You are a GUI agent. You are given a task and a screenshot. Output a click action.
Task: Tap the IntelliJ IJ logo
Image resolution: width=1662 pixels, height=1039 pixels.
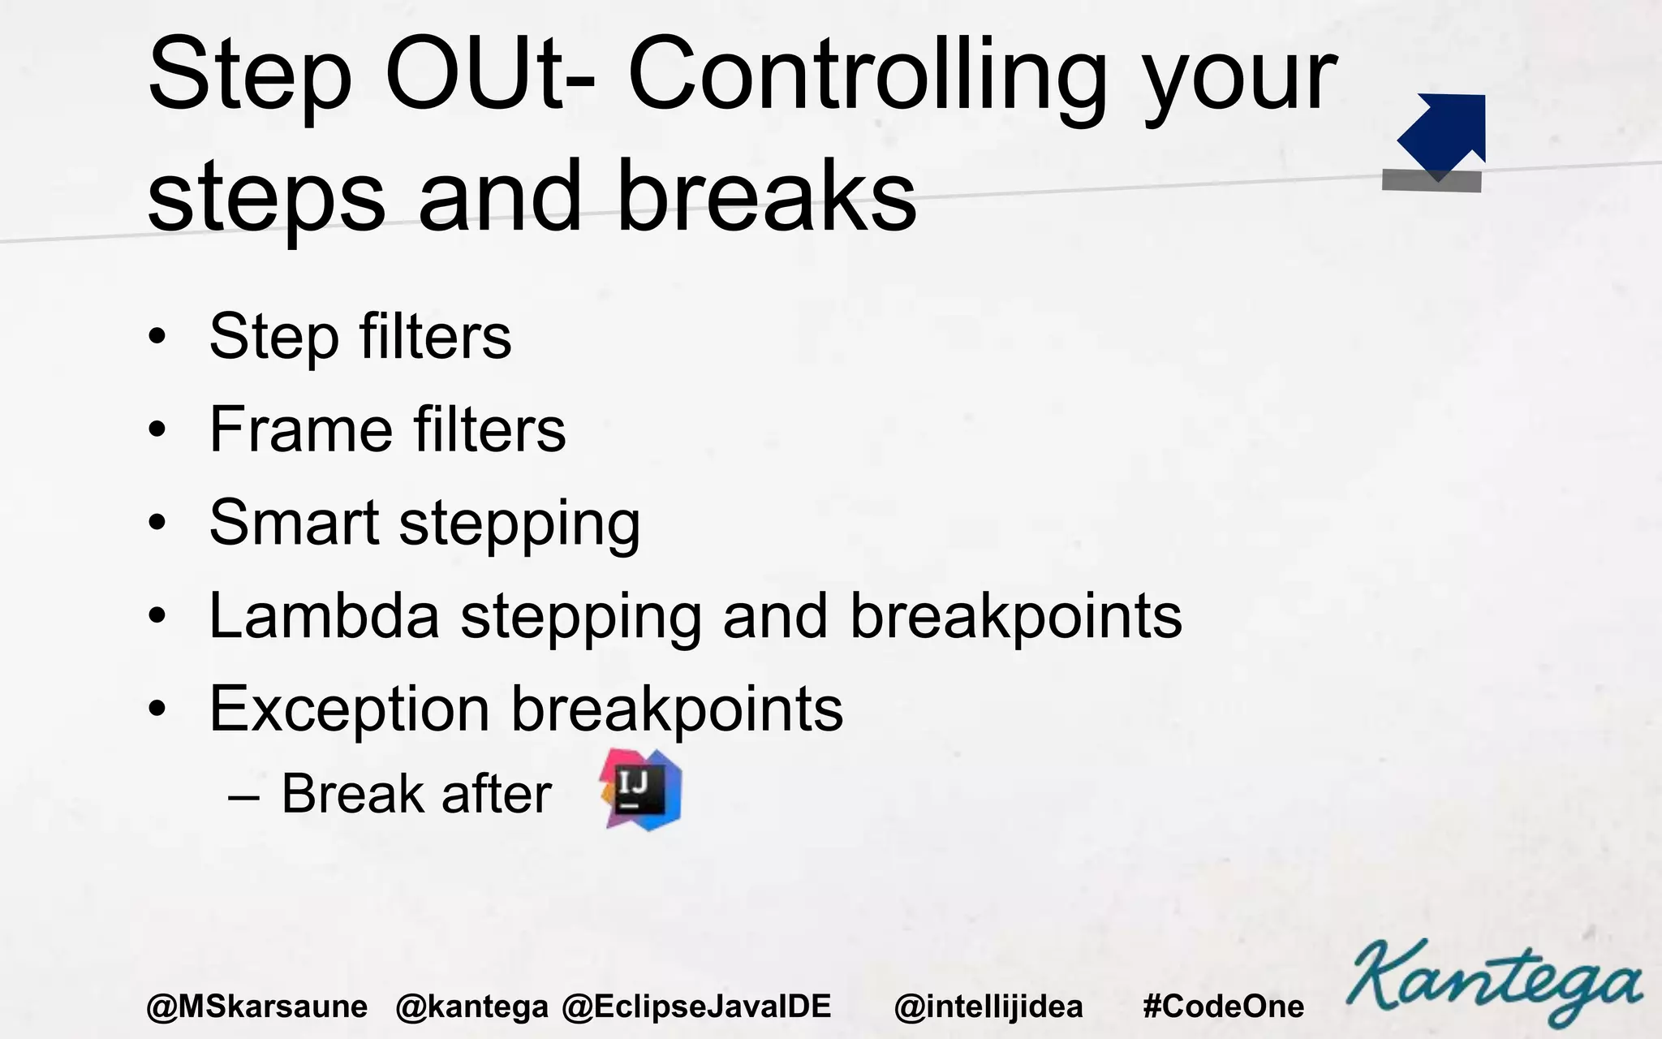[641, 790]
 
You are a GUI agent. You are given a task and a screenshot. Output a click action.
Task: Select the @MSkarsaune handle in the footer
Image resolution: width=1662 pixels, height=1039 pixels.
[256, 1007]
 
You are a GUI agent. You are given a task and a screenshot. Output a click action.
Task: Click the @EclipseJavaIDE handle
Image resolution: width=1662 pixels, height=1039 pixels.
[696, 1007]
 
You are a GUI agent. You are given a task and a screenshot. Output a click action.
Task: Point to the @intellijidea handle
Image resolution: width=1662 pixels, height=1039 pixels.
[988, 1007]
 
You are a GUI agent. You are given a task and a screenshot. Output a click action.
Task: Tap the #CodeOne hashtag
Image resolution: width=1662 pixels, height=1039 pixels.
[1223, 1007]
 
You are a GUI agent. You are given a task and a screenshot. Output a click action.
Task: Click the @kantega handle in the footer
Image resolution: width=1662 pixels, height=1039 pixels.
[471, 1007]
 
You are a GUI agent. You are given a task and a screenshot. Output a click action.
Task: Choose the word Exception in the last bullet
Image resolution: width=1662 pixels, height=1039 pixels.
[349, 709]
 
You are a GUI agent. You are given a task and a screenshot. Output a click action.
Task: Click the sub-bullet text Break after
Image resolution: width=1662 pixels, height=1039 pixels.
[415, 793]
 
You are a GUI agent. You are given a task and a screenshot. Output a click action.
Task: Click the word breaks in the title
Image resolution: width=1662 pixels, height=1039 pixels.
[766, 196]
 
